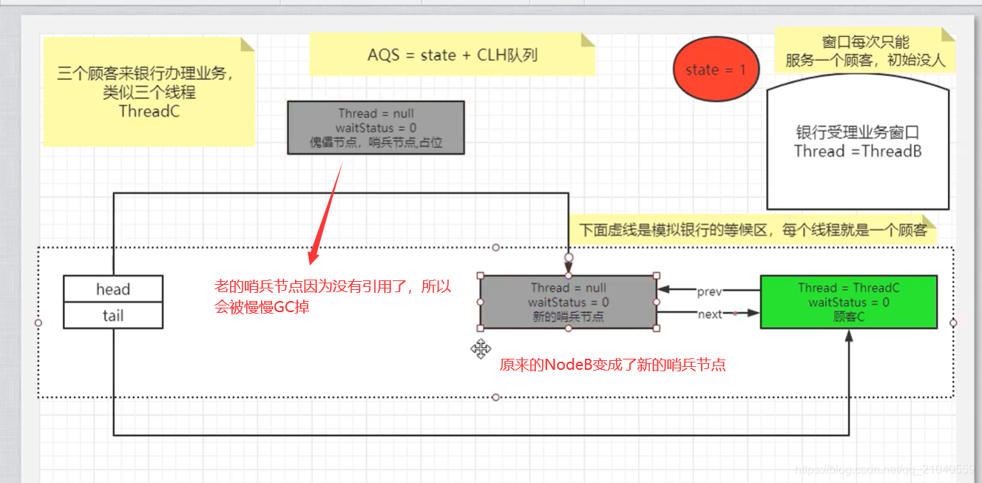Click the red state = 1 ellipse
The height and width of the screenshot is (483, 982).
tap(715, 70)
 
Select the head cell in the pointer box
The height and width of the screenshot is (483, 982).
tap(113, 289)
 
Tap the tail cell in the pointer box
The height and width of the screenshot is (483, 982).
tap(113, 316)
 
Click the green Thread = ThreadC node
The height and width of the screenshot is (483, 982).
tap(848, 302)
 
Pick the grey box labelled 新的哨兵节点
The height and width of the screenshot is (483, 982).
tap(568, 302)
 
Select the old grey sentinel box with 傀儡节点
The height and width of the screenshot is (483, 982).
tap(376, 128)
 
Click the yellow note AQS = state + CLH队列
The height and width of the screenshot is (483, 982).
tap(452, 55)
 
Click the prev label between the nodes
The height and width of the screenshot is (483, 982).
tap(709, 291)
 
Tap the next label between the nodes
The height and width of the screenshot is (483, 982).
tap(709, 314)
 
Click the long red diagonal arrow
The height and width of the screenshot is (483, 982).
tap(326, 211)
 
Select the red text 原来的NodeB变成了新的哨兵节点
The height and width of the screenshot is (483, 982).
tap(612, 365)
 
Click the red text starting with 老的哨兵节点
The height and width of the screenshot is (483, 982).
tap(333, 297)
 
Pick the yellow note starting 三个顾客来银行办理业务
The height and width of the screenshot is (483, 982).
tap(148, 92)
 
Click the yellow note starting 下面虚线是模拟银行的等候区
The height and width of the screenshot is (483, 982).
tap(752, 230)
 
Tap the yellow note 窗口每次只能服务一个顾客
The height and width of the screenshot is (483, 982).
tap(864, 51)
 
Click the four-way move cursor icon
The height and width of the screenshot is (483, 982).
tap(481, 349)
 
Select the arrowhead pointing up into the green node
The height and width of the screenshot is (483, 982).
tap(849, 336)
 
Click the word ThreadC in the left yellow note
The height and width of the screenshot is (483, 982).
tap(149, 112)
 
